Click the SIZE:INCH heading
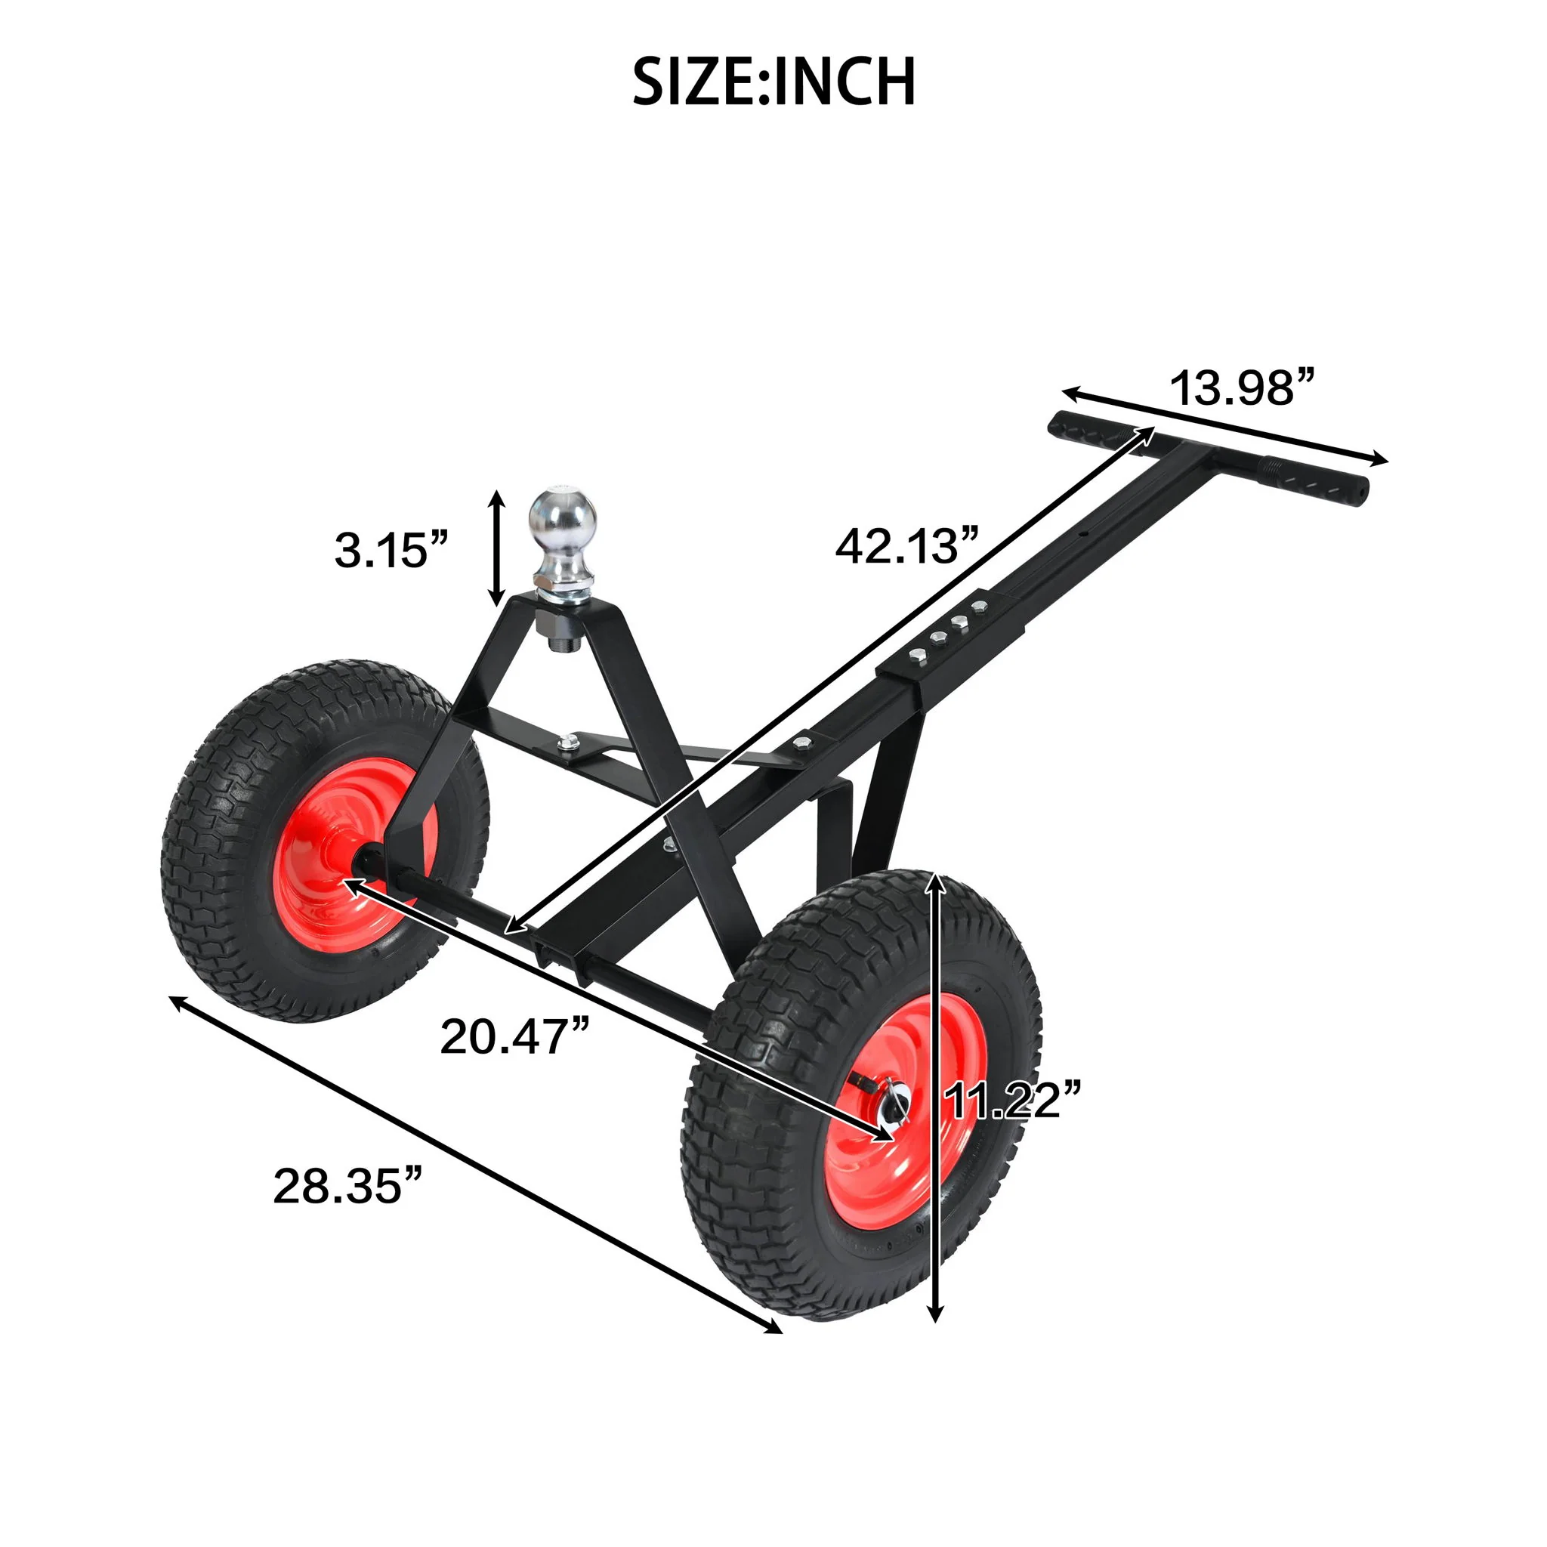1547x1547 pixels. [x=773, y=82]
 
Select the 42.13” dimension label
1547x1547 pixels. [x=907, y=546]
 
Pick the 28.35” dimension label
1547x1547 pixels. [x=347, y=1187]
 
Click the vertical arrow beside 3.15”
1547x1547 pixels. [x=497, y=548]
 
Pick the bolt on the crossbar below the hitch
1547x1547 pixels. [x=568, y=743]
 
